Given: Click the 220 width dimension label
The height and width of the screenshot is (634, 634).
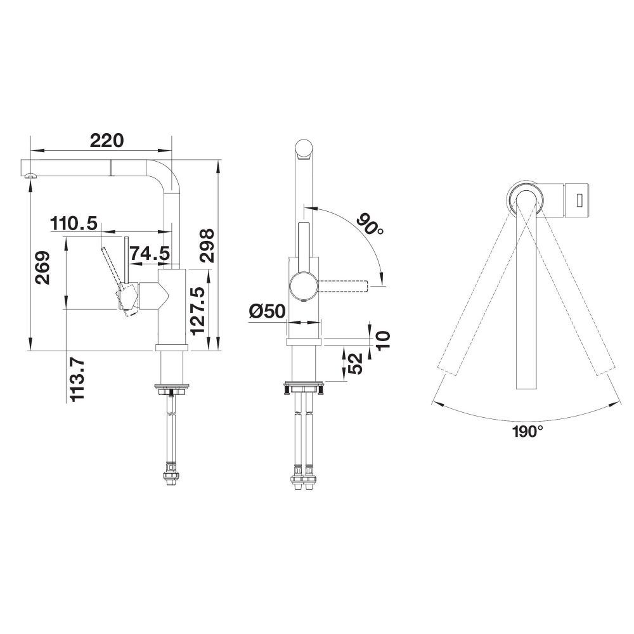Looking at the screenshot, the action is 107,140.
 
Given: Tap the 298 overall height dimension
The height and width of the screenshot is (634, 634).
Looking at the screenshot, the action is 206,246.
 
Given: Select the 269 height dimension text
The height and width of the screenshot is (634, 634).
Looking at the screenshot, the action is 42,268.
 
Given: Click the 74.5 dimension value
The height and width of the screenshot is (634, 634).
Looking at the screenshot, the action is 150,254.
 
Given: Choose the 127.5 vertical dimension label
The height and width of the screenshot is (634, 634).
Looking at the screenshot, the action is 198,311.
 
